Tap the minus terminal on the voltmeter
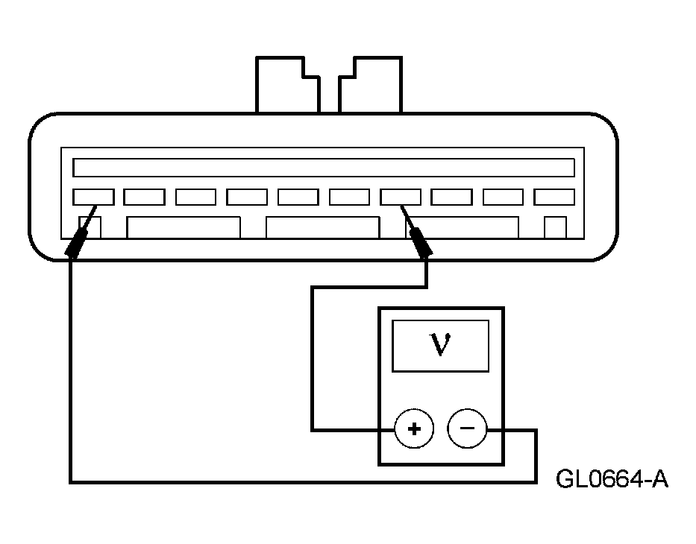point(467,429)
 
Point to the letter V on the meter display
point(440,346)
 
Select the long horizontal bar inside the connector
point(324,167)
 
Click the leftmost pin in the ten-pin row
point(93,197)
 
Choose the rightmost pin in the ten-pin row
point(554,197)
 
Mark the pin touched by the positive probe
point(401,197)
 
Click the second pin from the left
point(144,197)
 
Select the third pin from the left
point(195,197)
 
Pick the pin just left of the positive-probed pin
point(349,197)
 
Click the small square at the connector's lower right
point(555,227)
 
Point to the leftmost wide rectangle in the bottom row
point(184,227)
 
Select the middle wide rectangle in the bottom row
point(322,227)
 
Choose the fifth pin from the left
point(298,197)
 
